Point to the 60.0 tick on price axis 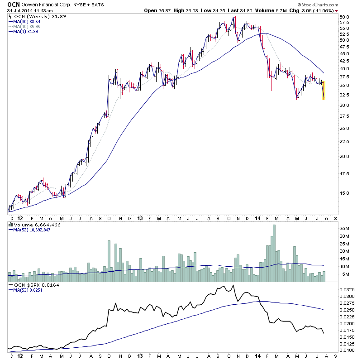[x=345, y=17]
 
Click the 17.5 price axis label [x=345, y=173]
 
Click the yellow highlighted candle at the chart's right [x=324, y=90]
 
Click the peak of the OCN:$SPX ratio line [x=233, y=285]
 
